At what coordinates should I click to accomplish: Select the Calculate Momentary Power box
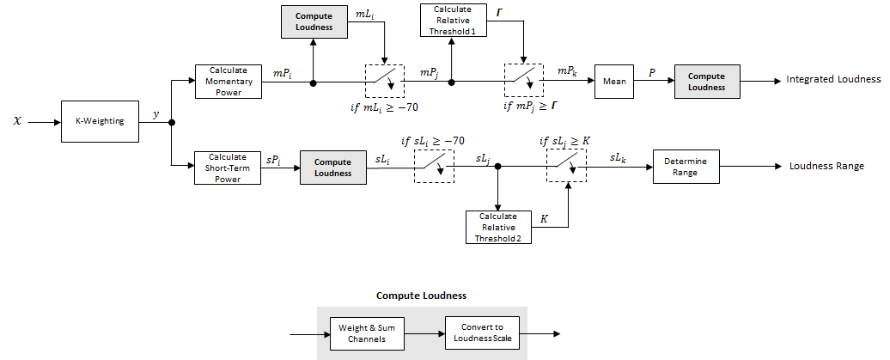coord(228,82)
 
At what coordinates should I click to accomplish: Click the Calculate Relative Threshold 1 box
coord(453,21)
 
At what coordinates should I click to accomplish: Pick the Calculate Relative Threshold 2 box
coord(498,227)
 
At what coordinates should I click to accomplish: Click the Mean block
coord(613,82)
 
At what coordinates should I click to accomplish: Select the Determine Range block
coord(686,167)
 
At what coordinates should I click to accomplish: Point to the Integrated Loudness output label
coord(833,80)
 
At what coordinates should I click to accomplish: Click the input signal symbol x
coord(16,122)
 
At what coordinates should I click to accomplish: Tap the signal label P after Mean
coord(652,73)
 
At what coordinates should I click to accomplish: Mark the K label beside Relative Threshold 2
coord(544,219)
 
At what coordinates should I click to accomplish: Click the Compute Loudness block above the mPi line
coord(314,21)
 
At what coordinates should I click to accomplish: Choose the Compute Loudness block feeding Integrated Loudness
coord(706,82)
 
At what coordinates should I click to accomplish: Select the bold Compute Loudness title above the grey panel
coord(421,296)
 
